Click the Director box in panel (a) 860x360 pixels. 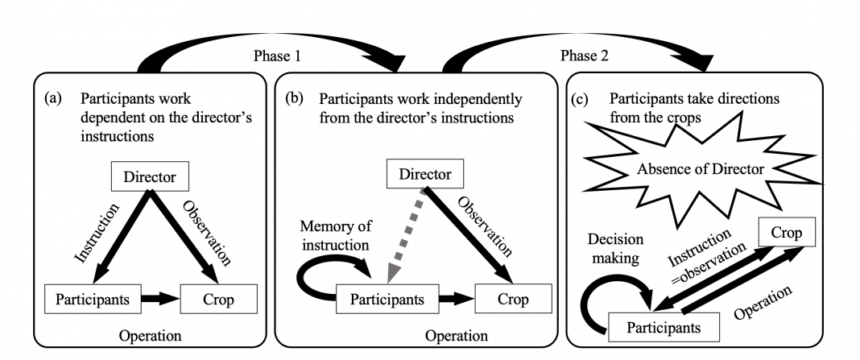click(x=150, y=176)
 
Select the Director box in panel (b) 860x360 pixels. click(x=426, y=175)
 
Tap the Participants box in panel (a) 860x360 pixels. click(x=93, y=300)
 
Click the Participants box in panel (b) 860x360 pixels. click(x=387, y=300)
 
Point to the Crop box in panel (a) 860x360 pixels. click(x=218, y=300)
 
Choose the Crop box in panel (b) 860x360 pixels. click(x=513, y=300)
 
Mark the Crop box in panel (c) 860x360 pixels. click(x=787, y=232)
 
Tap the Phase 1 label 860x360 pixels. click(x=278, y=56)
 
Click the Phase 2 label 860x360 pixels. click(x=585, y=56)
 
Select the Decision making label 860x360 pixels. click(x=615, y=248)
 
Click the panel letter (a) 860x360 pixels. click(x=52, y=99)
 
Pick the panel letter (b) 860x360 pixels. click(x=293, y=99)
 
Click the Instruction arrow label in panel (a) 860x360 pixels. click(x=97, y=233)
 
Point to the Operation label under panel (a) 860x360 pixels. click(x=150, y=335)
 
